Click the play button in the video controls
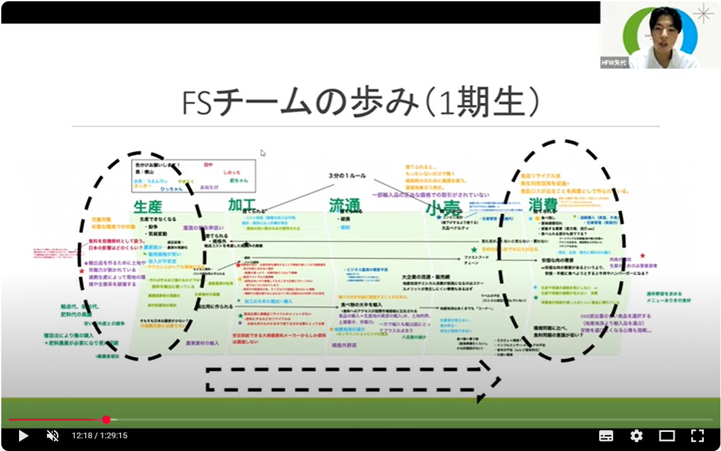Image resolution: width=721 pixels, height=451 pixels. coord(23,436)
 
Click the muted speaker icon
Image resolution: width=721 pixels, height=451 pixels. coord(53,436)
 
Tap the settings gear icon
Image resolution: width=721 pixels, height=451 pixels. coord(636,436)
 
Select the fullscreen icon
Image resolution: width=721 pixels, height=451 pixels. coord(697,436)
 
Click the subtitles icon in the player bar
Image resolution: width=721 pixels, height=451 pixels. coord(606,436)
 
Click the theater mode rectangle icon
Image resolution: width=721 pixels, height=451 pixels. coord(666,436)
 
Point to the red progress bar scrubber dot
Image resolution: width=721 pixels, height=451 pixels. coord(106,419)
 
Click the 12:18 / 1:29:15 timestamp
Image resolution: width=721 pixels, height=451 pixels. coord(100,436)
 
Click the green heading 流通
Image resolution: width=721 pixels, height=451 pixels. coord(344,205)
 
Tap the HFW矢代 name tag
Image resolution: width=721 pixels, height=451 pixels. coord(614,62)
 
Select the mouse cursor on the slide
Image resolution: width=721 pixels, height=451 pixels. coord(263,153)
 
